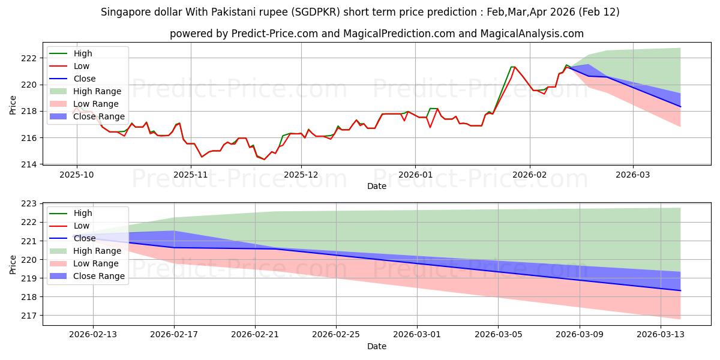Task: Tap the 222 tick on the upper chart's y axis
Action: (29, 58)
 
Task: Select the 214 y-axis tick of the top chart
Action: (29, 164)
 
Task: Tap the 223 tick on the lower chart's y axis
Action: (29, 204)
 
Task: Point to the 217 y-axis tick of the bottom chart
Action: (29, 316)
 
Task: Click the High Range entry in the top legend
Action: (97, 91)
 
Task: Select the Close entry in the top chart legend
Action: (85, 79)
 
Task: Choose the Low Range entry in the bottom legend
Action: (95, 263)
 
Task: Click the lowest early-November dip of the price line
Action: (202, 157)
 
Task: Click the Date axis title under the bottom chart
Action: (376, 346)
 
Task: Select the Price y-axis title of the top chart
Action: (13, 106)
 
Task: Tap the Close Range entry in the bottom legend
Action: (99, 276)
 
